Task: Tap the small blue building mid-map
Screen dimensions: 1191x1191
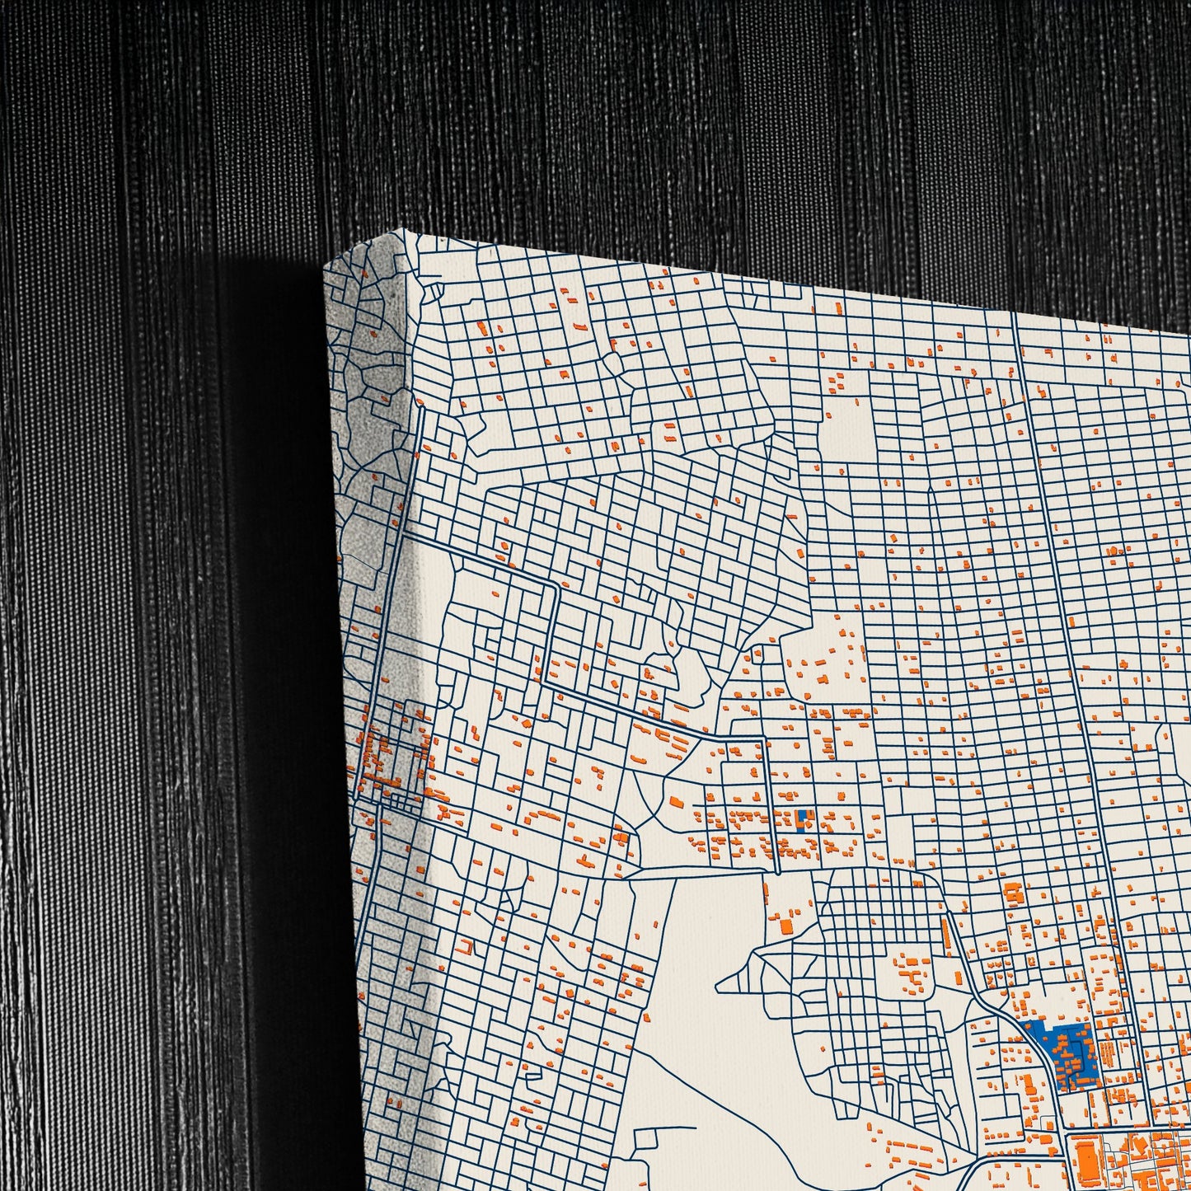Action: [x=801, y=817]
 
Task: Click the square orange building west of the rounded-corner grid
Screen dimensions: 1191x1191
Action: [x=786, y=926]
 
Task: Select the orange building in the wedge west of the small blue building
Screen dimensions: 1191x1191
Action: [x=677, y=801]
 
